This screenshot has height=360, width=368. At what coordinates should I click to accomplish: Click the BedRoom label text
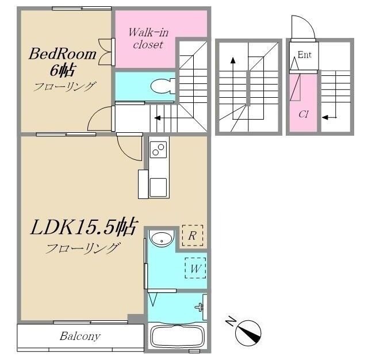click(x=63, y=54)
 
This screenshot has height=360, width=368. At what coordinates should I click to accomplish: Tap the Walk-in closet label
click(x=148, y=39)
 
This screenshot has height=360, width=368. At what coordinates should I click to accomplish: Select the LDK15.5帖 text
click(x=83, y=227)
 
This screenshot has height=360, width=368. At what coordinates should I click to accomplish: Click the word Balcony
click(x=80, y=336)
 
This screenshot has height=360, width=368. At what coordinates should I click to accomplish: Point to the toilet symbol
click(x=163, y=86)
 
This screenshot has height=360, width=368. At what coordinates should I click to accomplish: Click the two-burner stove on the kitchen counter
click(x=159, y=150)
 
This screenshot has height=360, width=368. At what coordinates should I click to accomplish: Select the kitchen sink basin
click(x=159, y=187)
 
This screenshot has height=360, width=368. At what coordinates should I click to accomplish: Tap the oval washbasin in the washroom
click(x=162, y=239)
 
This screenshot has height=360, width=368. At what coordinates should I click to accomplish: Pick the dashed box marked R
click(x=193, y=235)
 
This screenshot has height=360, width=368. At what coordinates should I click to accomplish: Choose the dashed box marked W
click(x=195, y=268)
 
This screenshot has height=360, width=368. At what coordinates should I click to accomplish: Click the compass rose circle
click(x=248, y=333)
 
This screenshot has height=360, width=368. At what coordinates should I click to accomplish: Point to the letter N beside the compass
click(x=231, y=321)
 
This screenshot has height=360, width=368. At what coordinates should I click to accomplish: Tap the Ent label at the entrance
click(x=304, y=55)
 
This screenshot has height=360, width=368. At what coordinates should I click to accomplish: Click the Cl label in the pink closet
click(x=304, y=114)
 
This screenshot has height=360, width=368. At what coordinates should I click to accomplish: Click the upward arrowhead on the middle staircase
click(x=233, y=60)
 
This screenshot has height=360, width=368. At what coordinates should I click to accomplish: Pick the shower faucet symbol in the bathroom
click(x=200, y=307)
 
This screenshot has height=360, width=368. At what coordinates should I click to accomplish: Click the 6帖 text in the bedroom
click(x=63, y=70)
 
